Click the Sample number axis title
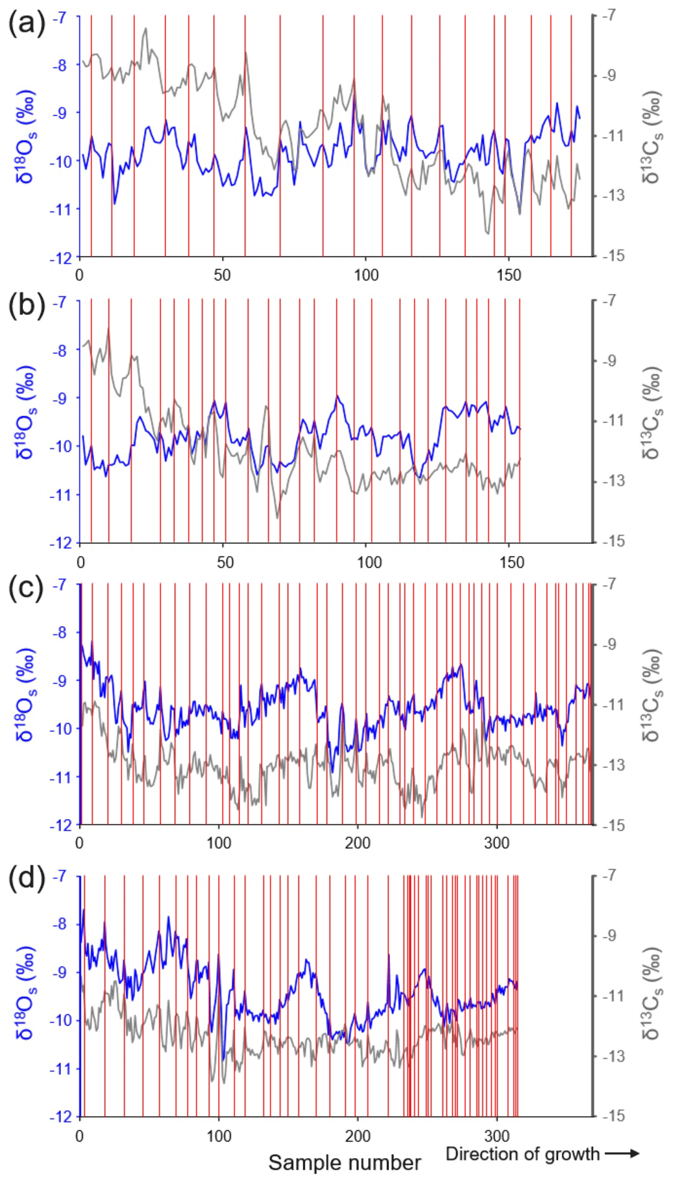[x=345, y=1163]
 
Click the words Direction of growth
[x=522, y=1153]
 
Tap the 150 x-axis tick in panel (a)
[x=508, y=275]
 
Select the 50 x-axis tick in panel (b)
[x=225, y=562]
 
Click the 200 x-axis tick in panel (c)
[x=358, y=843]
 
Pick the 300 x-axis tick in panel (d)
[x=496, y=1136]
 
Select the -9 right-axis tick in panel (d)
[x=608, y=936]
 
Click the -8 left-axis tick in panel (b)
[x=60, y=351]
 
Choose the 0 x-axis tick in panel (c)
[x=80, y=843]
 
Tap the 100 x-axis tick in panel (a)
[x=366, y=275]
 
